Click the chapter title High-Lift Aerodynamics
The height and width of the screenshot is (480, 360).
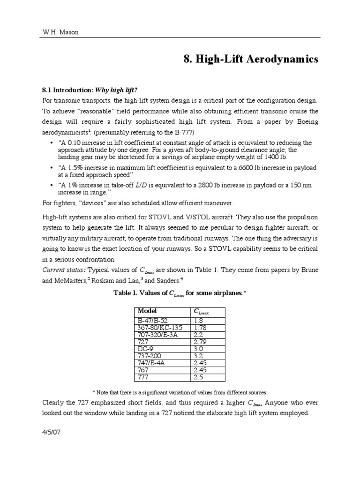(x=250, y=60)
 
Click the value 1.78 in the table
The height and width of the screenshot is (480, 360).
(x=200, y=327)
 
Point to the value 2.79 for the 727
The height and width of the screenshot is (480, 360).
(x=200, y=342)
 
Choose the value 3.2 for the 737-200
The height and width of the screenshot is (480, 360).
(x=198, y=356)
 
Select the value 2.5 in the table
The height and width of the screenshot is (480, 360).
(x=198, y=377)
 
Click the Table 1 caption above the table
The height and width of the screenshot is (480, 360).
(x=180, y=293)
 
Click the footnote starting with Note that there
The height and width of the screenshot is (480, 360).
(x=180, y=392)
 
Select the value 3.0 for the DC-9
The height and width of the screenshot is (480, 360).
(x=198, y=349)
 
